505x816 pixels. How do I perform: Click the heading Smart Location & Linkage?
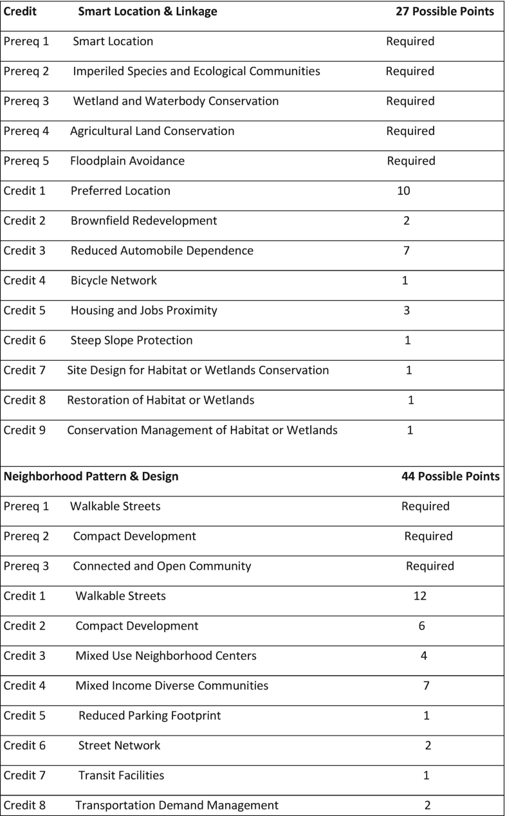147,11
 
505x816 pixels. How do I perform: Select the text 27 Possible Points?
445,11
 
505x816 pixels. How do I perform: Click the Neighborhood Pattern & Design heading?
91,476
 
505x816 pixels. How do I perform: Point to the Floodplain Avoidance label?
127,161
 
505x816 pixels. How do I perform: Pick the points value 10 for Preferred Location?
403,190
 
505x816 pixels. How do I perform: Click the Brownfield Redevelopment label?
143,221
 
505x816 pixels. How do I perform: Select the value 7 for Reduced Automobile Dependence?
406,250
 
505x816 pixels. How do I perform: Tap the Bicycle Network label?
113,280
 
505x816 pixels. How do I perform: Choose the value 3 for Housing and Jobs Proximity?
406,311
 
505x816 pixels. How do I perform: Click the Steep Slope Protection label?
131,340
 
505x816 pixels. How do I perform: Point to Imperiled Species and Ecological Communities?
196,71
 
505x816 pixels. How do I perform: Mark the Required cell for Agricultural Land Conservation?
410,131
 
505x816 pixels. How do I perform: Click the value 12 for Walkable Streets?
419,596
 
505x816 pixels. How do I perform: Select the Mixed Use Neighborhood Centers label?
166,656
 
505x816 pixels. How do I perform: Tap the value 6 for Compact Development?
422,626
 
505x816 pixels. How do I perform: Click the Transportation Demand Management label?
177,805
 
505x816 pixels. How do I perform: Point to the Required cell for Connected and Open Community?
430,567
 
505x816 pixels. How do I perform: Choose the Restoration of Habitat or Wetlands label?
160,400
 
